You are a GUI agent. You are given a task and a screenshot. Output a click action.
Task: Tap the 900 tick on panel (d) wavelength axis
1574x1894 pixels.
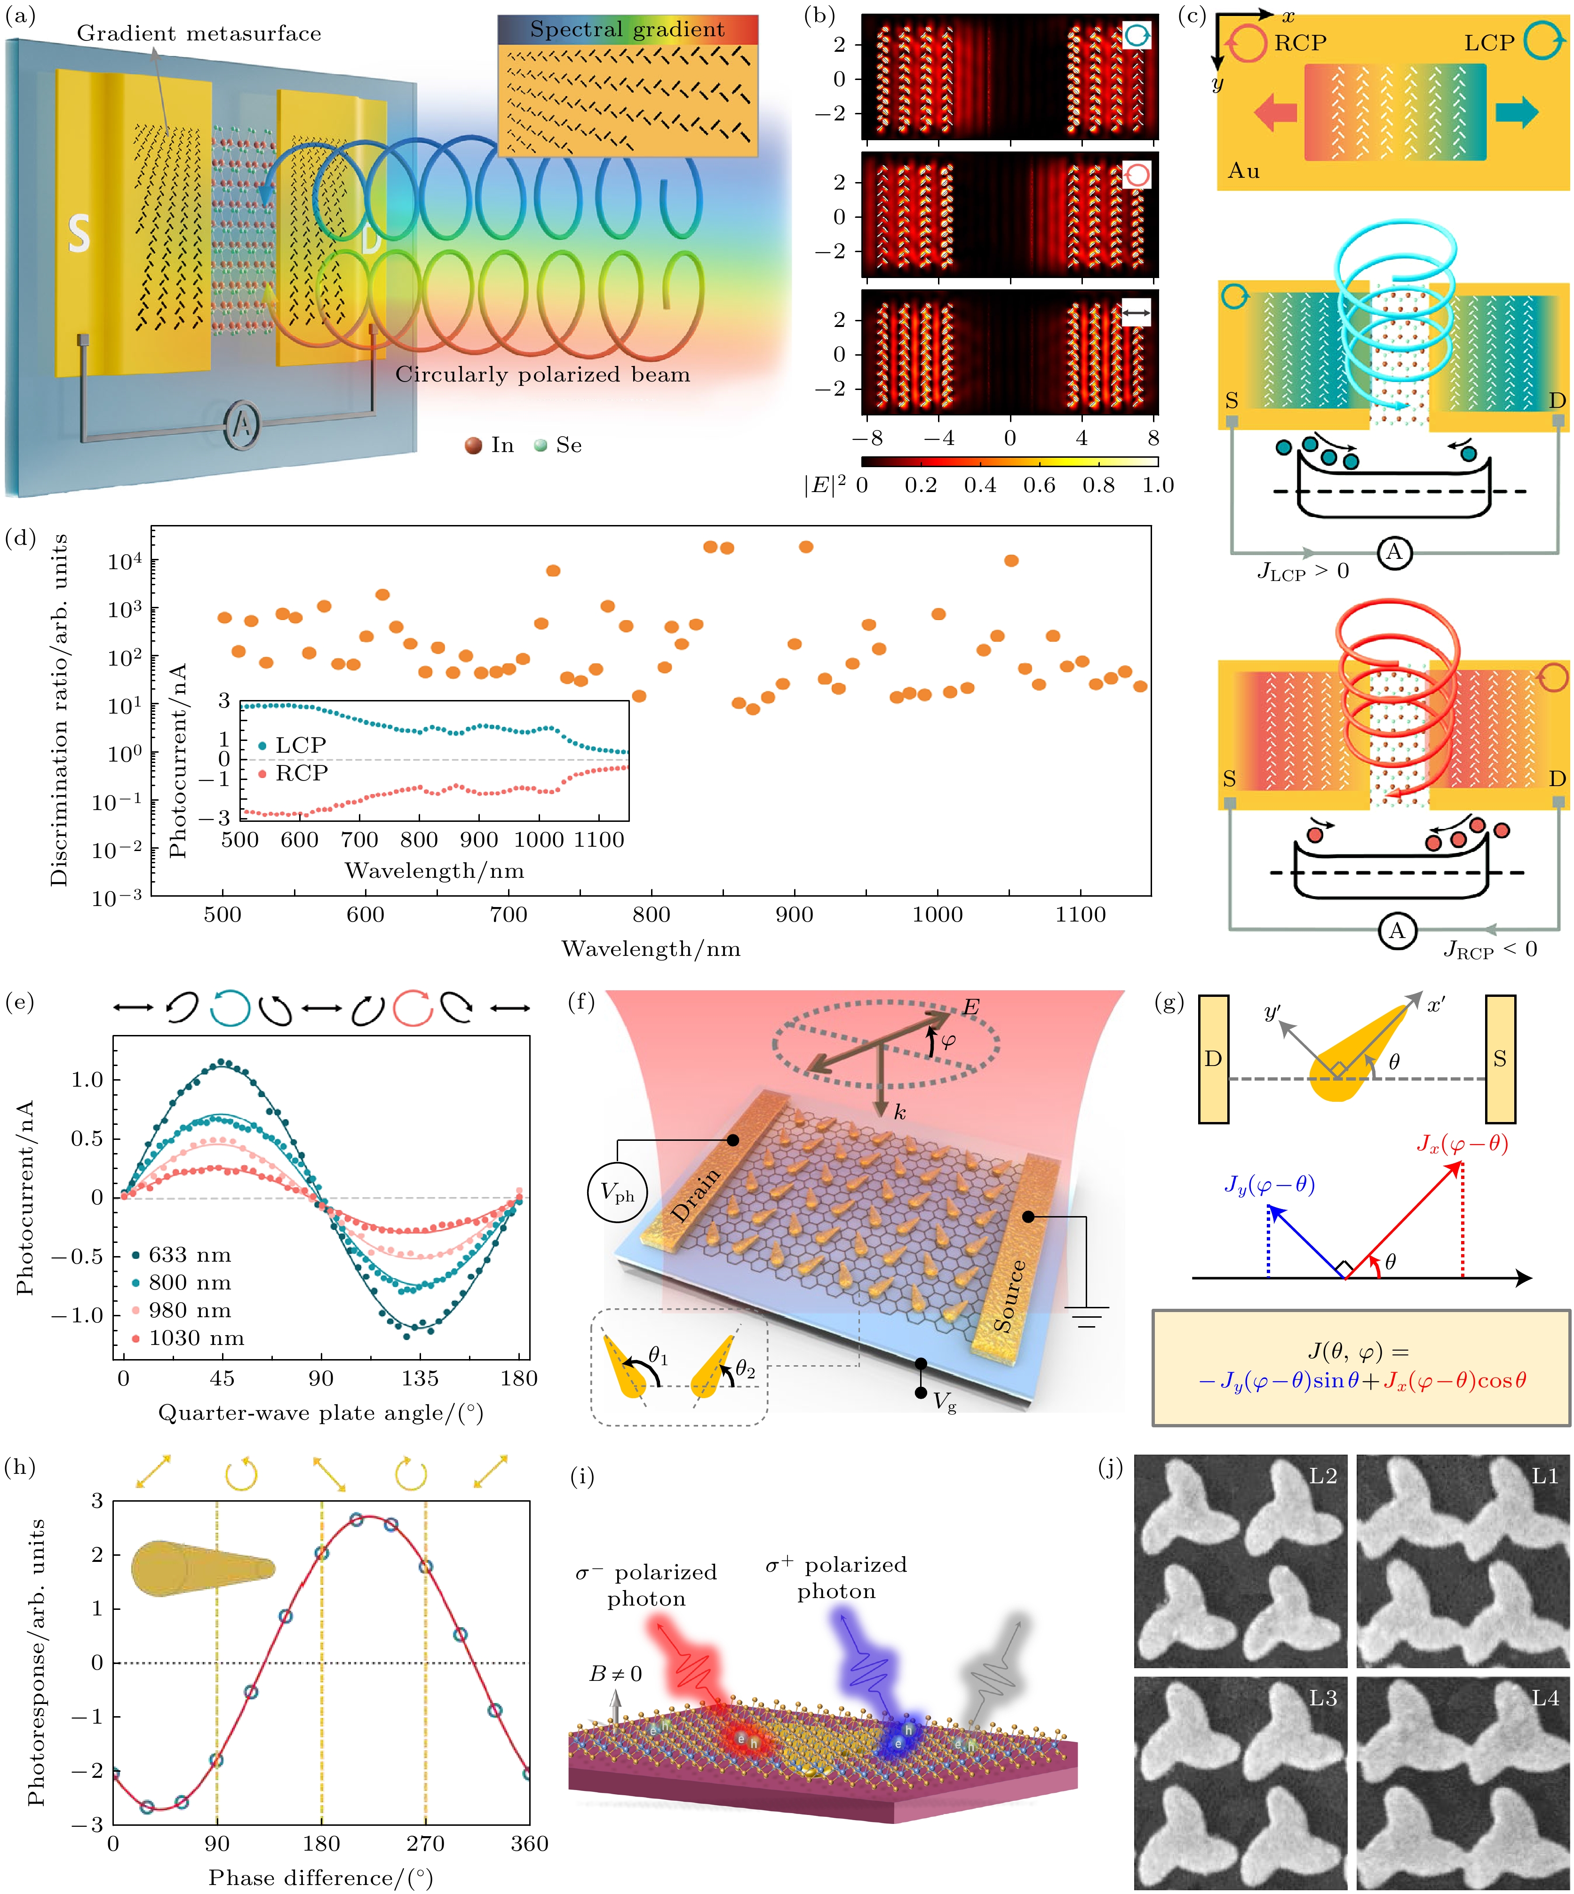(x=794, y=915)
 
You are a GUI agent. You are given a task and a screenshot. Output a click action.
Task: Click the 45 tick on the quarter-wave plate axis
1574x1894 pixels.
(x=222, y=1379)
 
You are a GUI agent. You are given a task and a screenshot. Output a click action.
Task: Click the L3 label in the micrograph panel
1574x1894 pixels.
(x=1322, y=1698)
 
